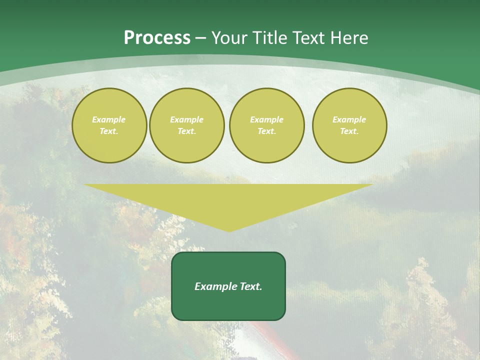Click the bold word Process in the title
tap(157, 38)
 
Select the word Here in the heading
tap(349, 38)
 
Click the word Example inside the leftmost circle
tap(109, 119)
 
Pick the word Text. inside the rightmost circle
tap(349, 131)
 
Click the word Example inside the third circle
tap(266, 119)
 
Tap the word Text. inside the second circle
tap(186, 131)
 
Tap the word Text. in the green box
tap(250, 286)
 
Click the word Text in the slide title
tap(309, 38)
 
